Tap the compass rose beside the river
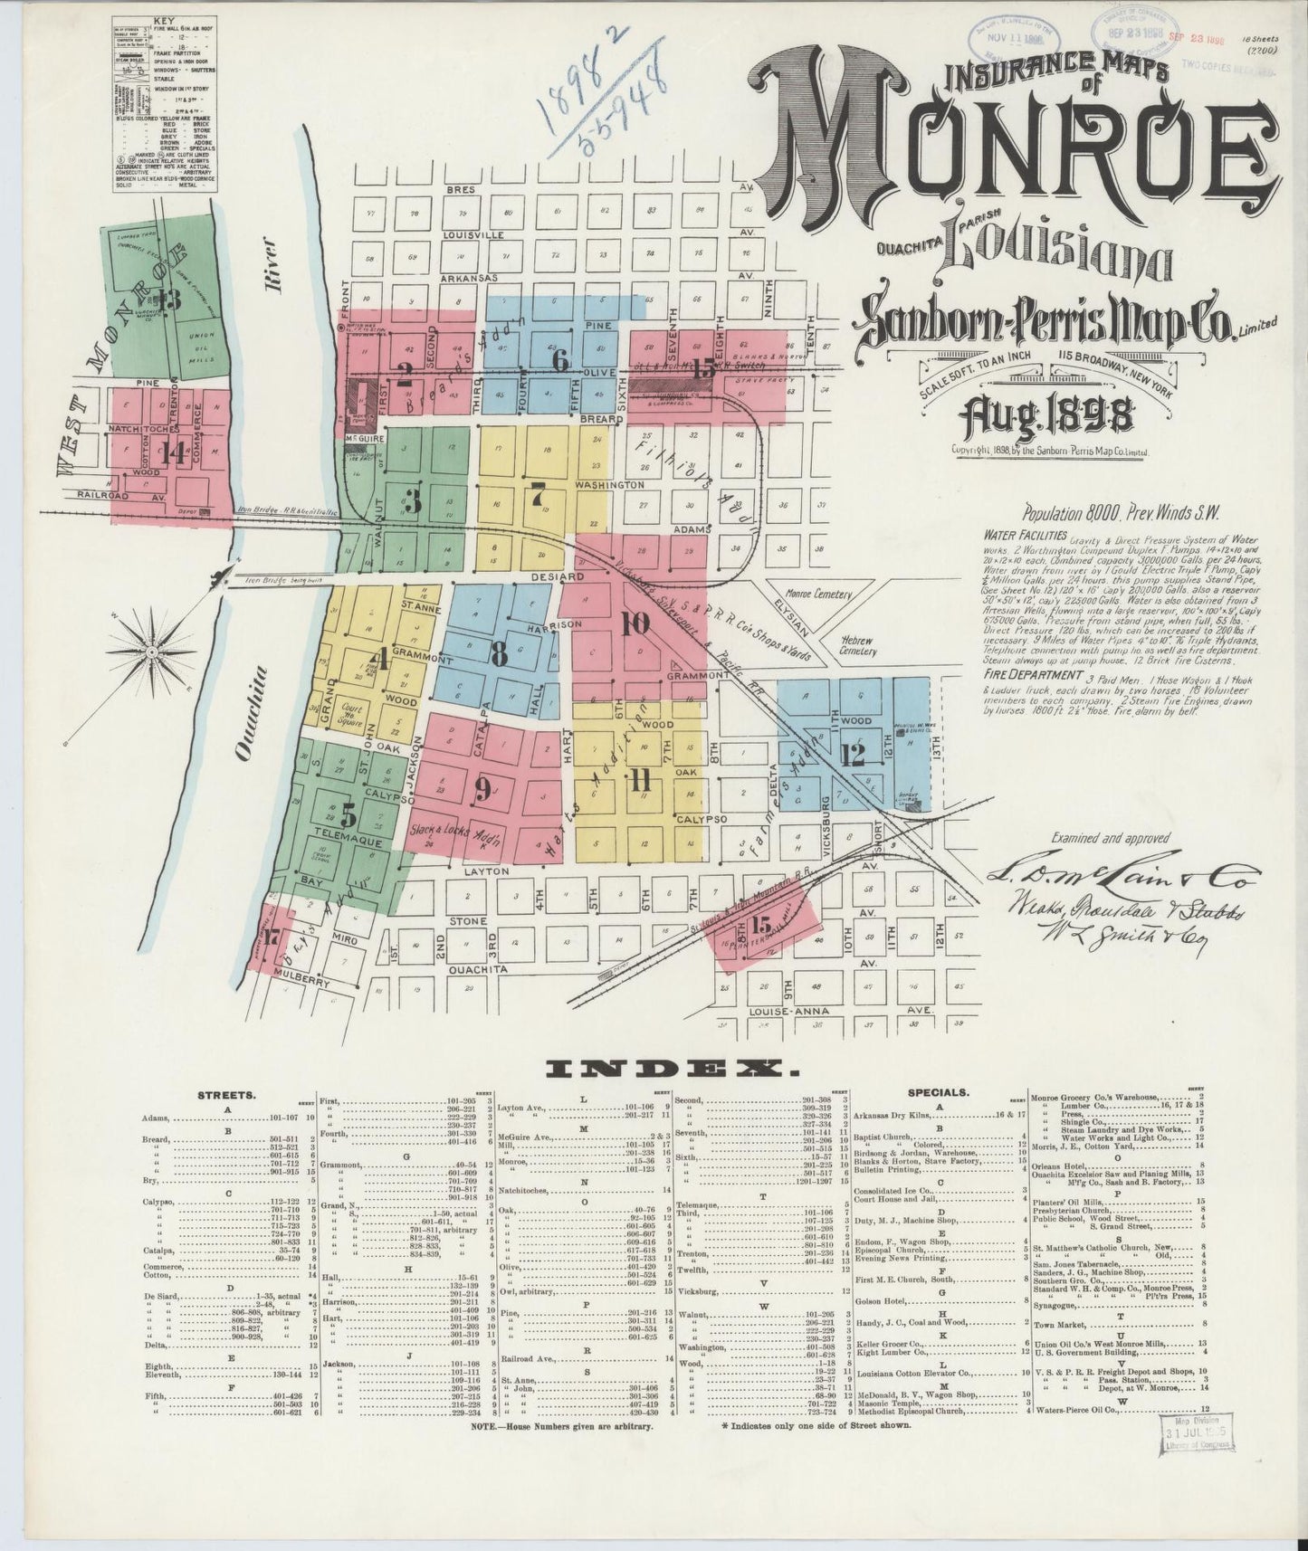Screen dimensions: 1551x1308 click(152, 652)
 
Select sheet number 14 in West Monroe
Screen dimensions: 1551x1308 click(172, 452)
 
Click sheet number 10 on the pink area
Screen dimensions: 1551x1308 click(635, 623)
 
